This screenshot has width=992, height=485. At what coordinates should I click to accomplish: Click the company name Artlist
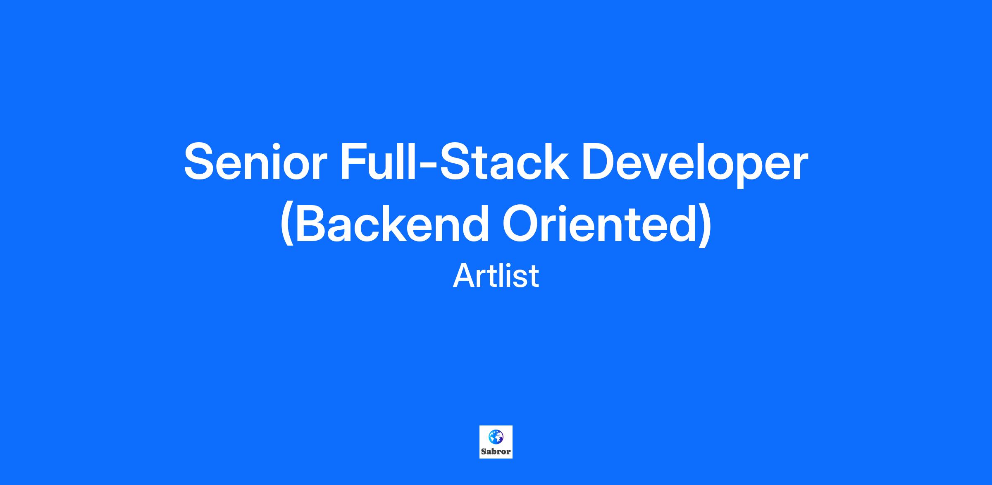[x=496, y=275]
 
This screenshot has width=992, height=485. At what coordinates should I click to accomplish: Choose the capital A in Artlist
[x=465, y=275]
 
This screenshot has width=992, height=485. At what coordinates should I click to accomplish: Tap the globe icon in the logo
[x=496, y=436]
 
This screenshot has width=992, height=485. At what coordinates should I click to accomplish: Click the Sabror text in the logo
[x=496, y=452]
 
